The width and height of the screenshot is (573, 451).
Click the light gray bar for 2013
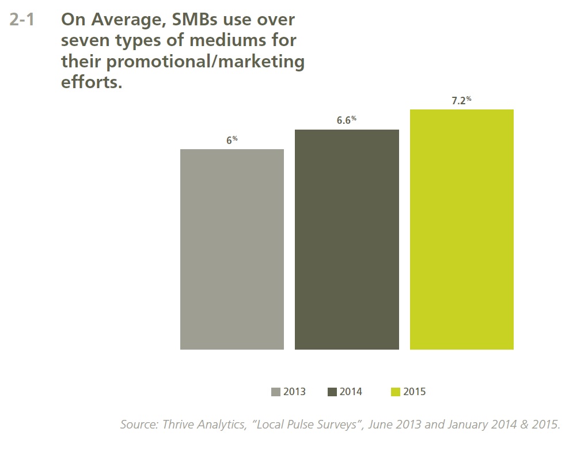[x=232, y=249]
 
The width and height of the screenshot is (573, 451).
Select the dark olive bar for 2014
[x=347, y=239]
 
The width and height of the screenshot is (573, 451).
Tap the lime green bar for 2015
[x=461, y=229]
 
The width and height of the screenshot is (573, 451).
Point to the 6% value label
[x=232, y=140]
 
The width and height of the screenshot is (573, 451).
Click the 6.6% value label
[x=346, y=120]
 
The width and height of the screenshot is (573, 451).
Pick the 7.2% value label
[x=461, y=100]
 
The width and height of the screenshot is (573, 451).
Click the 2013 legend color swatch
[x=275, y=392]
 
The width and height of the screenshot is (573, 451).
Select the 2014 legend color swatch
[x=332, y=392]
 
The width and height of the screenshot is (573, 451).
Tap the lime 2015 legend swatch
[x=395, y=392]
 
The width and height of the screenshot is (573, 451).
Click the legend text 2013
[x=294, y=392]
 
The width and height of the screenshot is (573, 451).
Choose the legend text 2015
[x=415, y=392]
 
